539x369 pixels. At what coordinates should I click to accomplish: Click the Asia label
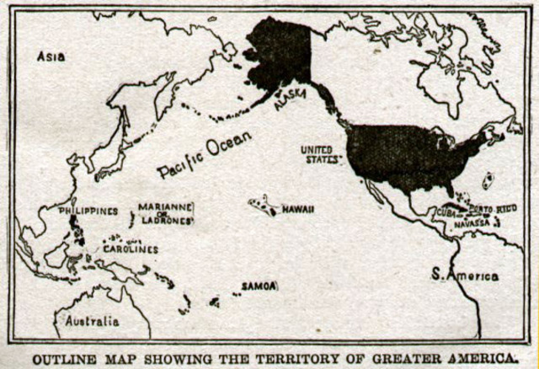coord(51,57)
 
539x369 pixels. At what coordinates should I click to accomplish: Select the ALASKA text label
coord(290,99)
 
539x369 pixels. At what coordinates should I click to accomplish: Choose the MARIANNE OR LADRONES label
coord(166,213)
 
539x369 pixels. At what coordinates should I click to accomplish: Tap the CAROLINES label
coord(131,249)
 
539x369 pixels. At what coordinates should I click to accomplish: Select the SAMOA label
coord(259,286)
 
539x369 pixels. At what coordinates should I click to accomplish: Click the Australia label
coord(93,321)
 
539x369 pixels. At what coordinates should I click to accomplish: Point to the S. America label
coord(464,275)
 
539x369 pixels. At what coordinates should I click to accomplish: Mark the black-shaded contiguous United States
coord(404,156)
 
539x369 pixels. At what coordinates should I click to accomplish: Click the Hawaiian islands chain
coord(264,206)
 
